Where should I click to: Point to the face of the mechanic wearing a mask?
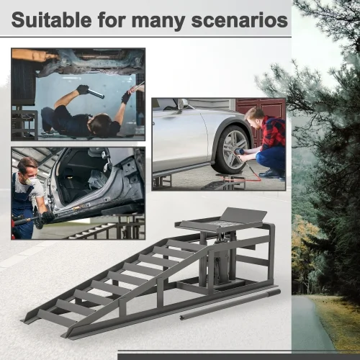coord(28,173)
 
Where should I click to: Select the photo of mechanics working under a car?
coord(78,94)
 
